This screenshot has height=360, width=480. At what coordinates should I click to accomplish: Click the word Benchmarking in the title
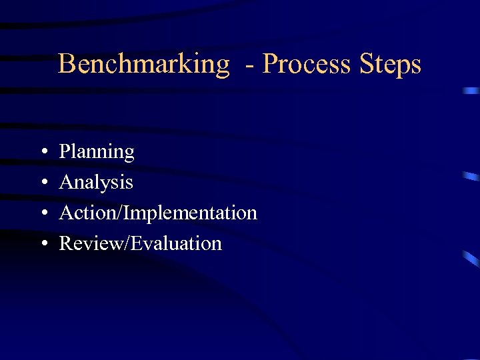pos(143,65)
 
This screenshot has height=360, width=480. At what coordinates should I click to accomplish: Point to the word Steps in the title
pos(391,65)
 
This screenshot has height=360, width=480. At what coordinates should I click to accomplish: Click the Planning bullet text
pos(97,153)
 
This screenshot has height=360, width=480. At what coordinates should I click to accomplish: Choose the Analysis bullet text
pos(96,183)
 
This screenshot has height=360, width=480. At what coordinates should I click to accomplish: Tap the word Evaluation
pos(176,243)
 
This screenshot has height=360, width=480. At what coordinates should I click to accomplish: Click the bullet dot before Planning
pos(42,153)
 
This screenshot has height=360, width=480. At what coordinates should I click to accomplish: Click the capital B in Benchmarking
pos(66,64)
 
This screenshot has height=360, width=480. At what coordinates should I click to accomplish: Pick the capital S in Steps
pos(366,64)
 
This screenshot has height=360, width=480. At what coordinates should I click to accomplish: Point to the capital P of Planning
pos(65,152)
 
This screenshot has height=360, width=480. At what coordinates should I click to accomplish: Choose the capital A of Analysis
pos(66,182)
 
